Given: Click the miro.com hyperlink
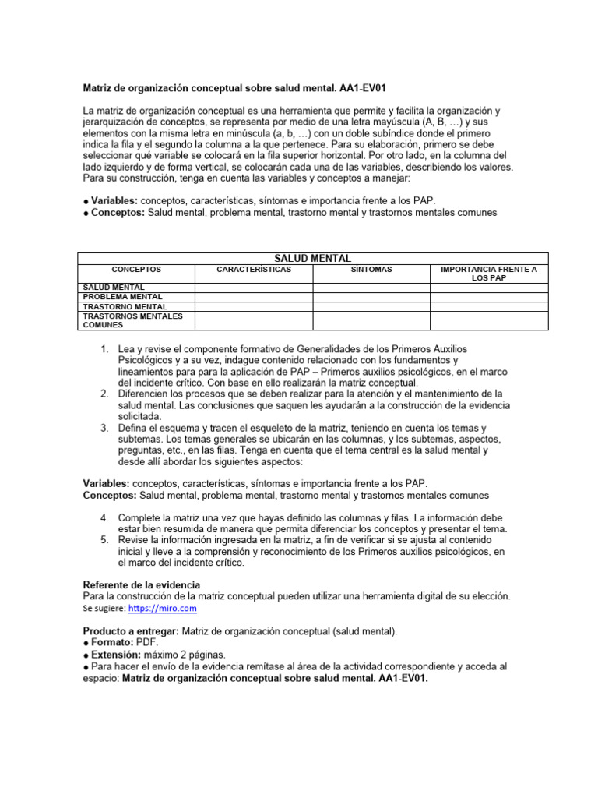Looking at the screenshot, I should [x=162, y=608].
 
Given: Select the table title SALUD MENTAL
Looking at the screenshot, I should [x=313, y=258].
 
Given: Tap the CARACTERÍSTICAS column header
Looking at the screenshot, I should [x=254, y=270].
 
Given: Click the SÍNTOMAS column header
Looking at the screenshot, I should [x=371, y=270].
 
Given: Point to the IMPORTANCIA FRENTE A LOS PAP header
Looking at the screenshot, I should [x=489, y=274].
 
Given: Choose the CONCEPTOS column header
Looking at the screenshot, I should [x=136, y=270].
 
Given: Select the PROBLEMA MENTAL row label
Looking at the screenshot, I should [x=123, y=297].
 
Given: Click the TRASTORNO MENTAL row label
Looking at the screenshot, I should [x=125, y=307].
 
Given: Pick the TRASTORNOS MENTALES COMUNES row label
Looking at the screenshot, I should [x=132, y=320].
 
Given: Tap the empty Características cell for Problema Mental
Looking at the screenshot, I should [x=254, y=297].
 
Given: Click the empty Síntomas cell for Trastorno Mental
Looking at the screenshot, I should [x=371, y=307].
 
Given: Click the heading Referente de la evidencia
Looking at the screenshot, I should [x=141, y=584].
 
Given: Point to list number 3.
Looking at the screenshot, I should [x=105, y=429].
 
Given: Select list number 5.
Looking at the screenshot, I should [x=105, y=539].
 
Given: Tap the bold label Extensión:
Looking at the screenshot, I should [x=117, y=655].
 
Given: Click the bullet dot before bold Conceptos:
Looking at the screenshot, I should [x=86, y=214].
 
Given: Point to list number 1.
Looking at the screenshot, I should [x=105, y=349].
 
